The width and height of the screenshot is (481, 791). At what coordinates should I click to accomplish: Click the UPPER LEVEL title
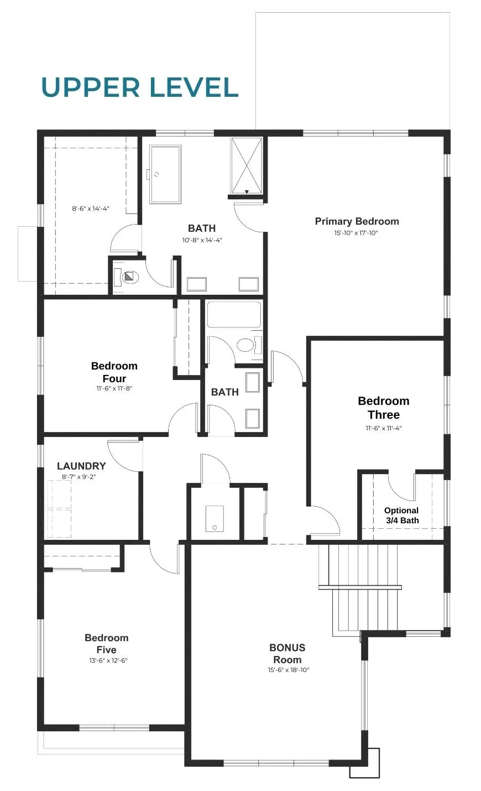coord(140,87)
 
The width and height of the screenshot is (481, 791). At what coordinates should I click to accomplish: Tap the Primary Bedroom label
coord(357,221)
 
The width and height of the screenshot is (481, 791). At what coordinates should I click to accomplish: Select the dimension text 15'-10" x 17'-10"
coord(356,233)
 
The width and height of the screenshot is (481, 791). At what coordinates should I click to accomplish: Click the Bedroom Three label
coord(384,408)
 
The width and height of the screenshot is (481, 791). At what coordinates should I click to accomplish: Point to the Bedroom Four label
coord(114,372)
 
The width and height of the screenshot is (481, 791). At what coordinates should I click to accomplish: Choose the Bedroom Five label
coord(107,643)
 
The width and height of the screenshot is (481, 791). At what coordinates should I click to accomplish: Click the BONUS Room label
coord(287,653)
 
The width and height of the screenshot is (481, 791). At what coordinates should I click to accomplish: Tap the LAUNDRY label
coord(81,466)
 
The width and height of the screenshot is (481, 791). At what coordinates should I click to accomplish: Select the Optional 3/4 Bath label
coord(401,515)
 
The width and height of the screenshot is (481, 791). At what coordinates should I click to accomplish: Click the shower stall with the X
coord(247,165)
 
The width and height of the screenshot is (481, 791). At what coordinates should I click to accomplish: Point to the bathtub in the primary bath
coord(165,174)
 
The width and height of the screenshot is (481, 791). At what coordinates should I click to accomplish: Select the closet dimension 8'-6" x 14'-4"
coord(91,209)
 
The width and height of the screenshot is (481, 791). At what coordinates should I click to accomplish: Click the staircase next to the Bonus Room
coord(360,589)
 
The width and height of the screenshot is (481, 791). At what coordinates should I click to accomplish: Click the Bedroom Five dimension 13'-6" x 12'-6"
coord(108,660)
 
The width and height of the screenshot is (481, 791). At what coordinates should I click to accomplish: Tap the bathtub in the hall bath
coord(234,314)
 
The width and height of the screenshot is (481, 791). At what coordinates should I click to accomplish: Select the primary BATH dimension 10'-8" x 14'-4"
coord(202,240)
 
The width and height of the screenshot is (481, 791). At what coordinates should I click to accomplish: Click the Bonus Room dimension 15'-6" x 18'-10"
coord(289,670)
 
